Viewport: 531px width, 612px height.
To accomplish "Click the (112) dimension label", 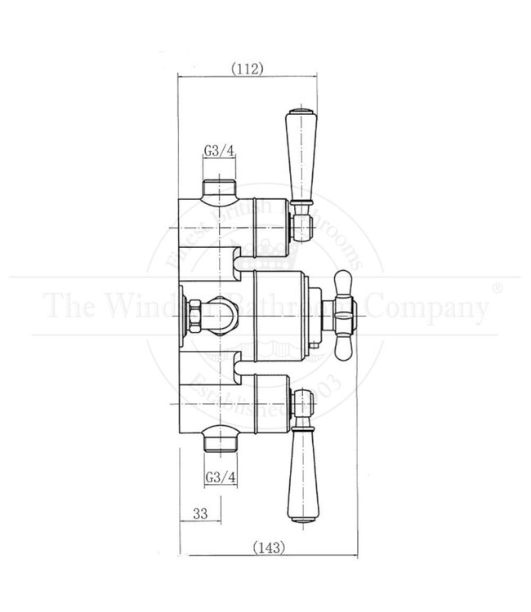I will (x=246, y=69).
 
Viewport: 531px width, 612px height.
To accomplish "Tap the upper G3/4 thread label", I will (x=219, y=150).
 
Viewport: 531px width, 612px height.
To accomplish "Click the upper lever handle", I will (x=298, y=155).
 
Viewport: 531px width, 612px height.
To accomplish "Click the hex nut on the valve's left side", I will (x=197, y=312).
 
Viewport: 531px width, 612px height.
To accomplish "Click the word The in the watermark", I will (x=69, y=307).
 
